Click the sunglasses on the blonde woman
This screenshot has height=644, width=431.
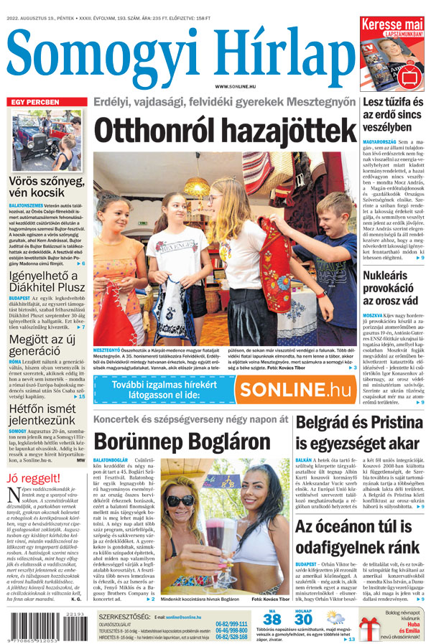pyautogui.click(x=178, y=500)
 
